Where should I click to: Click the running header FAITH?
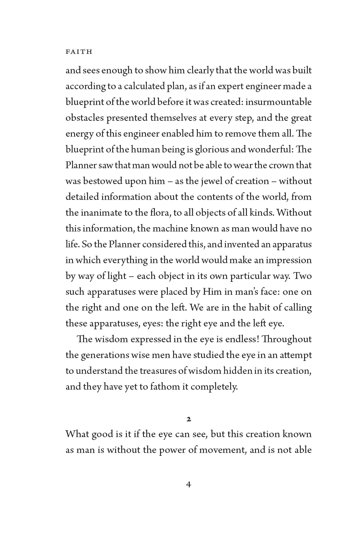click(x=79, y=52)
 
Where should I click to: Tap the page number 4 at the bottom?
click(x=189, y=484)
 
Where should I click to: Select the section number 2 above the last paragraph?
click(x=189, y=418)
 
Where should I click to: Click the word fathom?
click(x=164, y=387)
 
